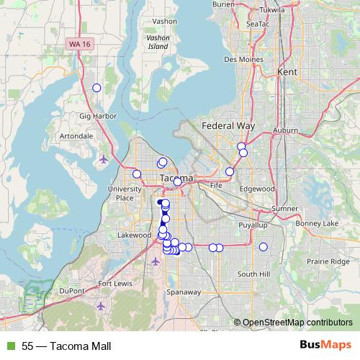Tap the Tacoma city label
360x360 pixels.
pyautogui.click(x=176, y=177)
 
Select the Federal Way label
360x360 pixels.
pyautogui.click(x=228, y=125)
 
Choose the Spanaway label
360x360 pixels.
pyautogui.click(x=183, y=292)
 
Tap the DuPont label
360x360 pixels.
pyautogui.click(x=73, y=290)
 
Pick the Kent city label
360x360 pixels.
pyautogui.click(x=287, y=73)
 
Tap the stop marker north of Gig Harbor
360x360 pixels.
pyautogui.click(x=96, y=88)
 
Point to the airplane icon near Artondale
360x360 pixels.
pyautogui.click(x=104, y=158)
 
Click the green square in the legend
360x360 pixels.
pyautogui.click(x=11, y=346)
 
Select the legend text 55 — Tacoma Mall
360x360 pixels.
pyautogui.click(x=66, y=346)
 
